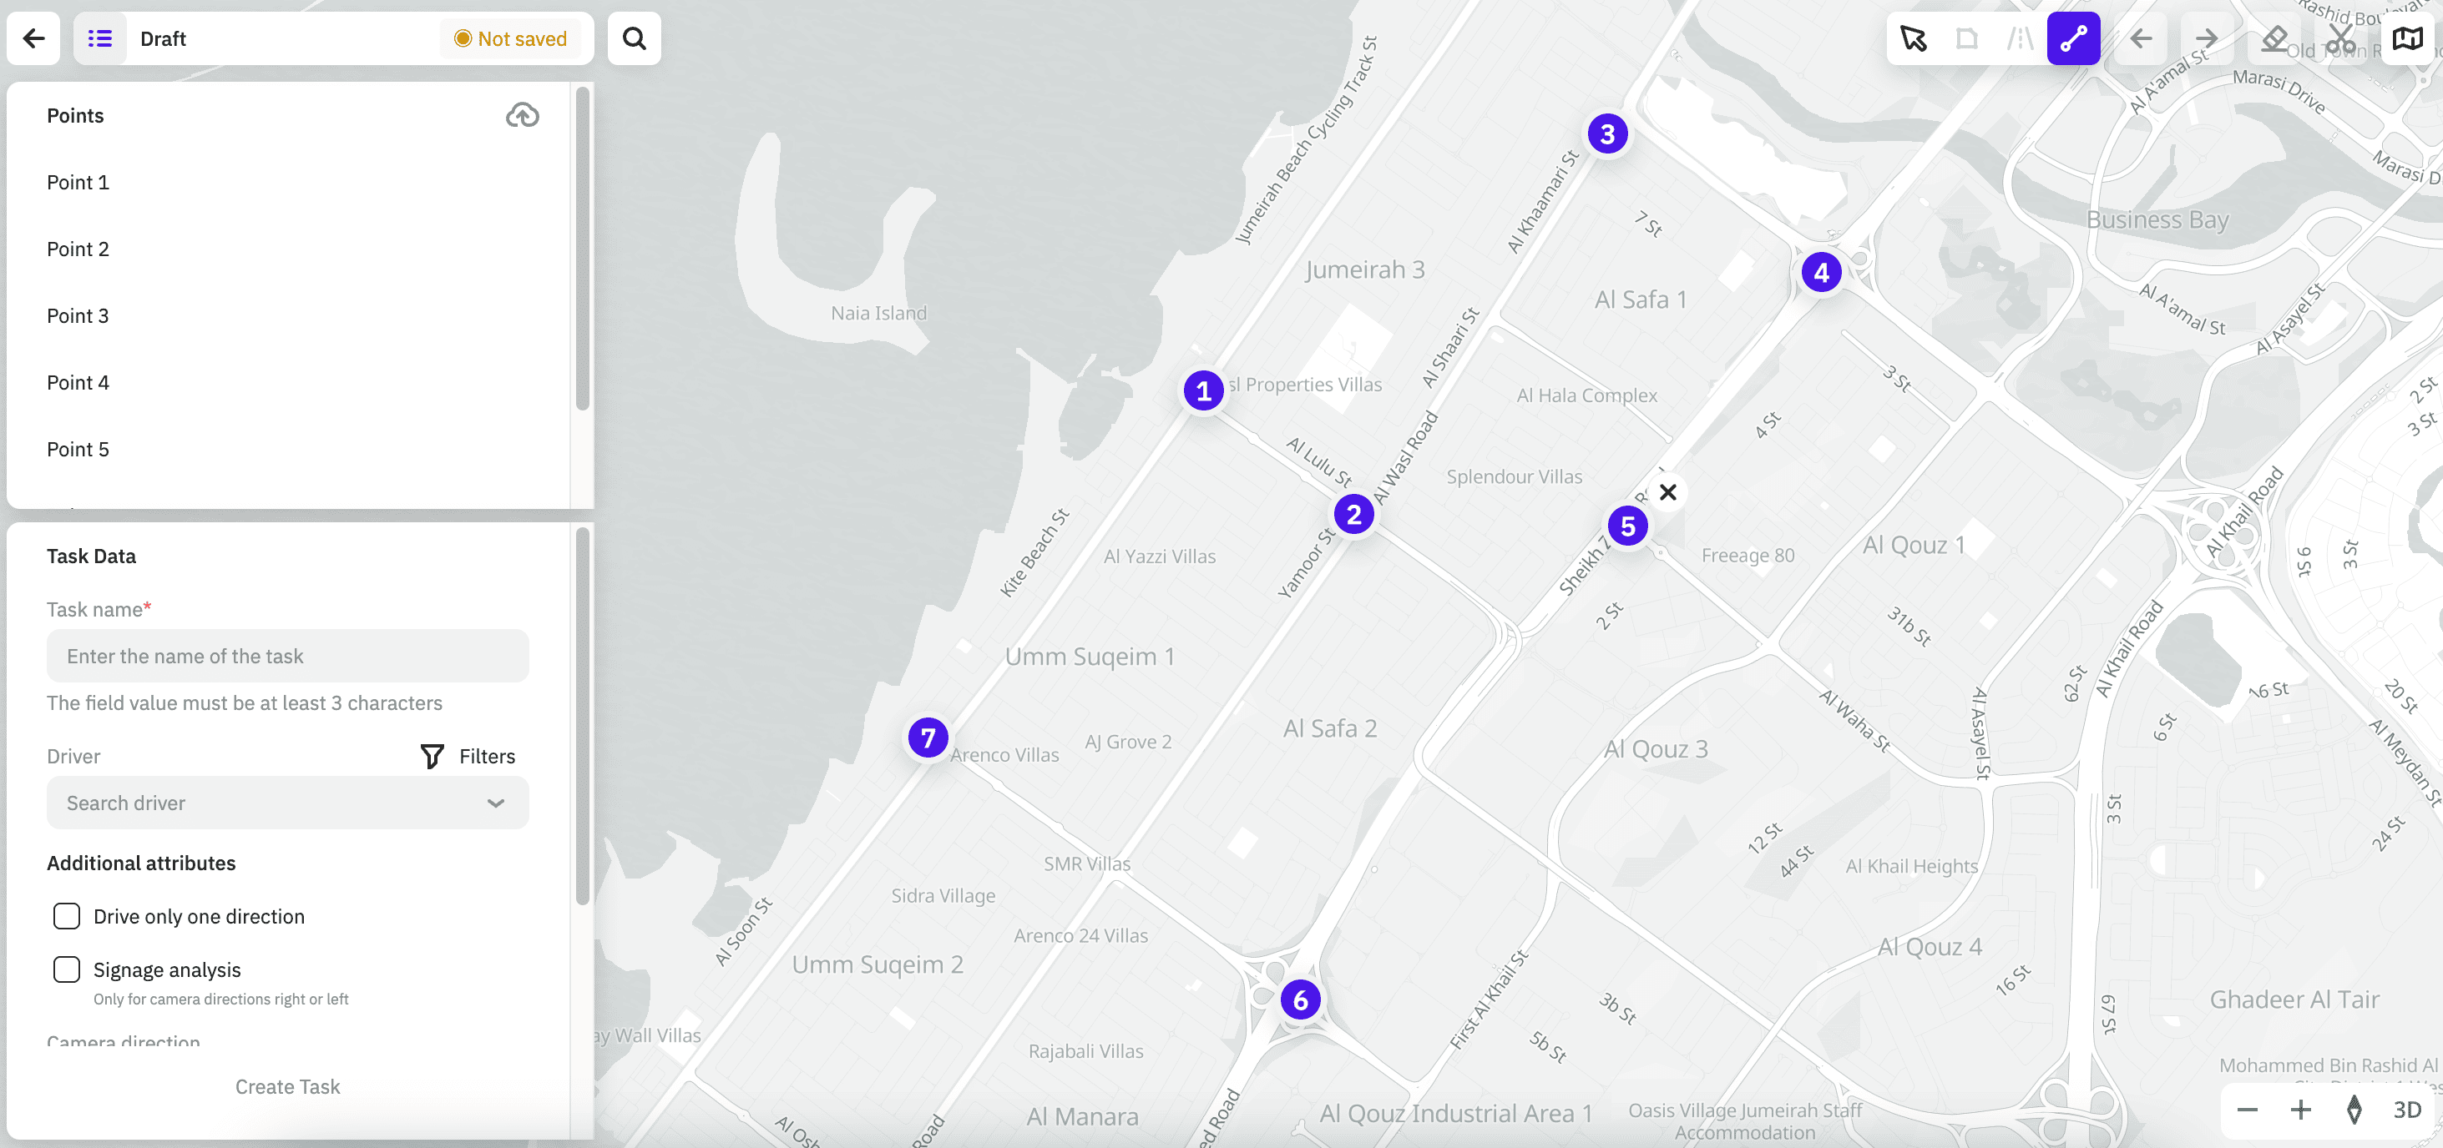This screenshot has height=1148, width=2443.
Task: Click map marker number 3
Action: [x=1606, y=134]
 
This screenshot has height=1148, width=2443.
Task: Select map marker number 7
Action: [x=928, y=738]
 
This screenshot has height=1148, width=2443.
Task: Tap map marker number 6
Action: [x=1300, y=999]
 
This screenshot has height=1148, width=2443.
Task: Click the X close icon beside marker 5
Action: [x=1668, y=492]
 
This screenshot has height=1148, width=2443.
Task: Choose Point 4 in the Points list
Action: [x=78, y=383]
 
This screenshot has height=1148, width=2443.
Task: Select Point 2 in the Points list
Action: [x=78, y=249]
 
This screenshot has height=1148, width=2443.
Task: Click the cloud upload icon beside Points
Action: [x=522, y=116]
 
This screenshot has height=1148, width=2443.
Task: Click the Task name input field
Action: [x=287, y=656]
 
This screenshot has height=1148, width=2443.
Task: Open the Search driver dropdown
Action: [x=287, y=803]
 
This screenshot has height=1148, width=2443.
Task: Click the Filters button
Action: [x=468, y=757]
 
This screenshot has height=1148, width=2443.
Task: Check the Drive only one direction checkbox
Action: [x=67, y=917]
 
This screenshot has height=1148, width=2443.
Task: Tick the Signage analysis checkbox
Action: [x=67, y=969]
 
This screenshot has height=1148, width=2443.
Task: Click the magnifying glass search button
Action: [x=635, y=39]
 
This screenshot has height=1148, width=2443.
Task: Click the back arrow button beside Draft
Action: [x=34, y=39]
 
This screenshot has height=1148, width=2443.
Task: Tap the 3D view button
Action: [x=2406, y=1110]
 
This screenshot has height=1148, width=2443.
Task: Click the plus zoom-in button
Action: [x=2299, y=1110]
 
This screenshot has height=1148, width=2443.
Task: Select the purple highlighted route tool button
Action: [x=2073, y=39]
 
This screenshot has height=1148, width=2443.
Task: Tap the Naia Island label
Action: [x=878, y=314]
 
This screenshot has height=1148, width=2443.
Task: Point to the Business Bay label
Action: [x=2157, y=220]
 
